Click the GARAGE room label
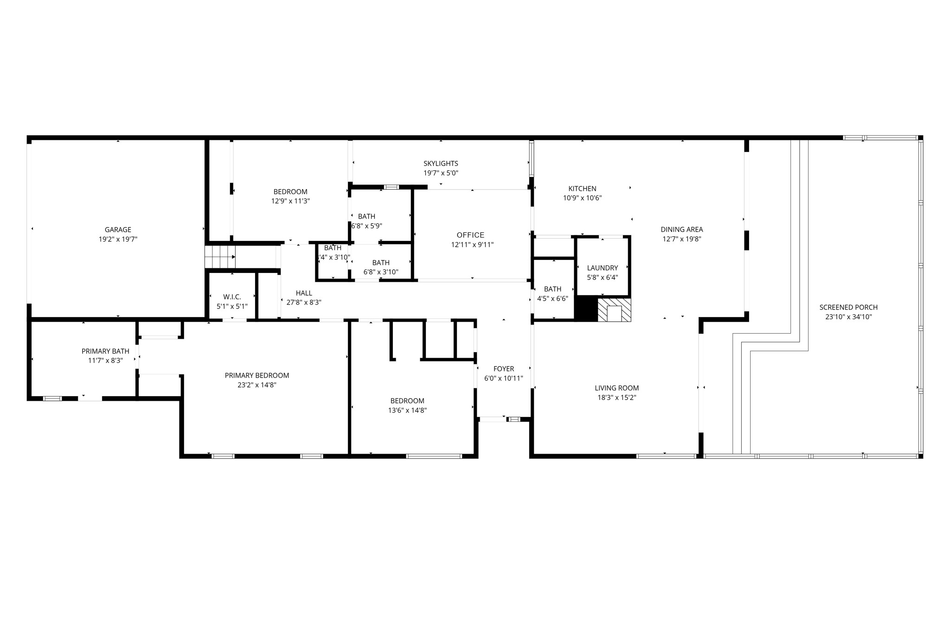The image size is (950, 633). [118, 229]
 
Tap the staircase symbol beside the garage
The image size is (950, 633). [220, 257]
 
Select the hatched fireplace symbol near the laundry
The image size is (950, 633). [614, 310]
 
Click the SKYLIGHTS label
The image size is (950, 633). [441, 163]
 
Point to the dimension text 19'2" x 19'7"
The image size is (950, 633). [118, 239]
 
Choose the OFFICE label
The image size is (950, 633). [470, 235]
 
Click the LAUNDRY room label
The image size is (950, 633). [602, 268]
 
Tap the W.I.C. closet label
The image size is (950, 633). [232, 297]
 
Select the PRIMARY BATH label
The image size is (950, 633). [105, 351]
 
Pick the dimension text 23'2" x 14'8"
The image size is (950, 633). [257, 385]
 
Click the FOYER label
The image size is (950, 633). [503, 369]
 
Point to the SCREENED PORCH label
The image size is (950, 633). [848, 307]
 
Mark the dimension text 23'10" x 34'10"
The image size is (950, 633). [848, 317]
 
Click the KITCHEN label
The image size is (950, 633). [582, 189]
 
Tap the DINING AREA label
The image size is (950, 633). [681, 229]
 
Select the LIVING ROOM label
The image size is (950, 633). [616, 388]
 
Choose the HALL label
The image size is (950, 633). [304, 293]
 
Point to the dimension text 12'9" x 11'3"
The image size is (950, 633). [290, 201]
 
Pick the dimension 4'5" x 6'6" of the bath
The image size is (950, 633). [552, 298]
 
